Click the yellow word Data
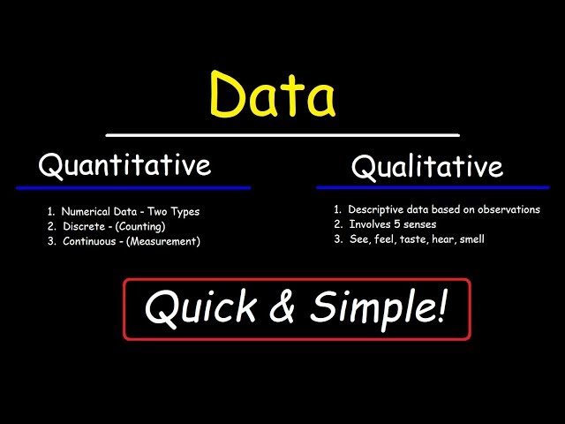273,96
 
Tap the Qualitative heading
426,166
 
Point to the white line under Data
282,135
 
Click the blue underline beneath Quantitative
132,187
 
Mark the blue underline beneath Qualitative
433,187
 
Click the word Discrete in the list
82,226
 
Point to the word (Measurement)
163,240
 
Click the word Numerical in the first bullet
87,212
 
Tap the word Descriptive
376,210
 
